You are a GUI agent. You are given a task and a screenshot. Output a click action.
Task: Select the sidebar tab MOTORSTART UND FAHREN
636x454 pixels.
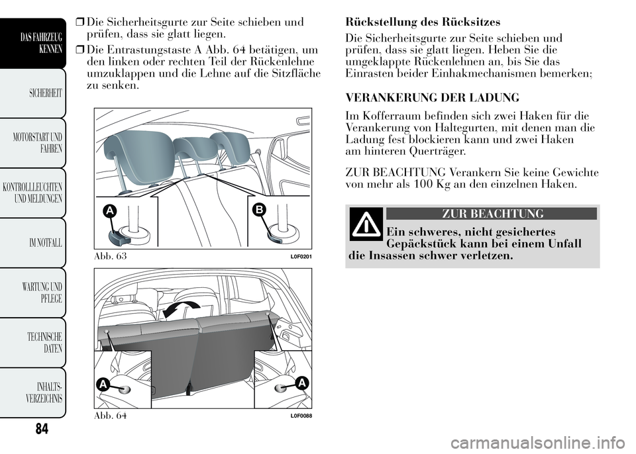pos(42,143)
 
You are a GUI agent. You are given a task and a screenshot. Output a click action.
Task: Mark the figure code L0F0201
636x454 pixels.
pos(300,255)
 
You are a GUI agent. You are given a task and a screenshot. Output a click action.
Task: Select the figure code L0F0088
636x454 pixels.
pos(300,415)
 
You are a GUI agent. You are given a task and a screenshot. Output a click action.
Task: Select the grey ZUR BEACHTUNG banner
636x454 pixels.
pos(491,213)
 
